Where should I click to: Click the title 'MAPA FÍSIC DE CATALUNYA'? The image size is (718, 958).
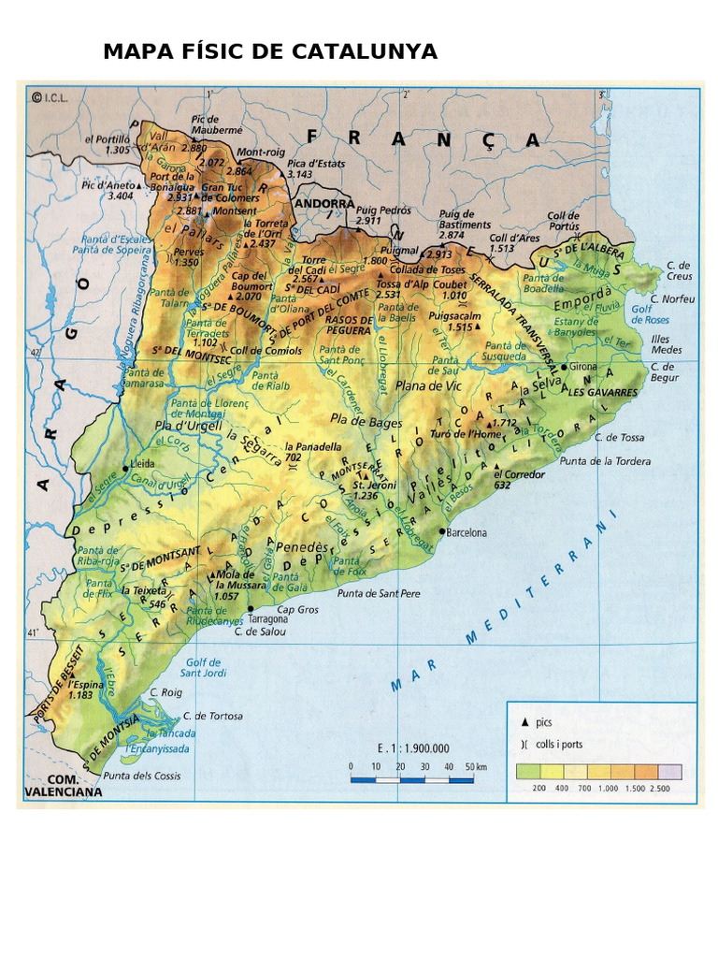(269, 51)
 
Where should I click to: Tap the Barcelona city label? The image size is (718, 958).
(467, 533)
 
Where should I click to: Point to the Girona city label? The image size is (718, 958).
(582, 367)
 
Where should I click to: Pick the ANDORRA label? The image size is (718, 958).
(324, 203)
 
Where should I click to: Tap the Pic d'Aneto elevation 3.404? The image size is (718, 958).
(121, 196)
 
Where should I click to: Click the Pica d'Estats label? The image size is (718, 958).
(315, 164)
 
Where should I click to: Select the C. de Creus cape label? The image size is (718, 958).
(679, 271)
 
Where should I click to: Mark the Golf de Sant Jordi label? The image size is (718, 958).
(203, 667)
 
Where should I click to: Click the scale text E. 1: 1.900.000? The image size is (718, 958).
(413, 748)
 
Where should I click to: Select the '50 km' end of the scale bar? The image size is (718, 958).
(475, 766)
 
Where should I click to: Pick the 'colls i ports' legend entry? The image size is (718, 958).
(557, 744)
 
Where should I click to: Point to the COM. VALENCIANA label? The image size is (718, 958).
(62, 785)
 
